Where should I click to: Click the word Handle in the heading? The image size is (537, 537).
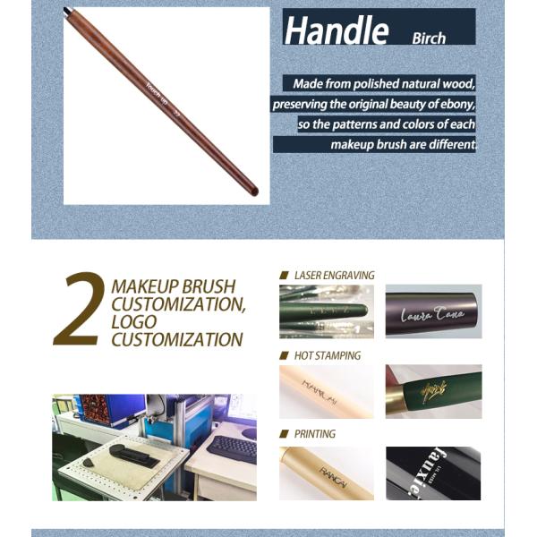pyautogui.click(x=336, y=30)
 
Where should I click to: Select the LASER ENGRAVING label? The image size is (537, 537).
pyautogui.click(x=334, y=275)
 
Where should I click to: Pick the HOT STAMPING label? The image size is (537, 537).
pyautogui.click(x=328, y=355)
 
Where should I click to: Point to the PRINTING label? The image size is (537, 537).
pyautogui.click(x=315, y=434)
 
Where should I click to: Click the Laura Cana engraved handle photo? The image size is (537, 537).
pyautogui.click(x=433, y=311)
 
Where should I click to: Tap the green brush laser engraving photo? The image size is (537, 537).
pyautogui.click(x=326, y=311)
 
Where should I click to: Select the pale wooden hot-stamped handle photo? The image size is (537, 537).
pyautogui.click(x=326, y=391)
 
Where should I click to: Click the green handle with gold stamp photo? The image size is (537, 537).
pyautogui.click(x=433, y=391)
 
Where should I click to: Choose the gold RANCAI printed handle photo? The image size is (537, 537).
pyautogui.click(x=326, y=473)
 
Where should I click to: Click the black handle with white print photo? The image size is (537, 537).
pyautogui.click(x=433, y=473)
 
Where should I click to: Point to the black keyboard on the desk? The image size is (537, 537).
pyautogui.click(x=232, y=447)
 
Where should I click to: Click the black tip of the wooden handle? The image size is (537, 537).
pyautogui.click(x=67, y=11)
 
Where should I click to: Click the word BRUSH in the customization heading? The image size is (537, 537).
pyautogui.click(x=206, y=287)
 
